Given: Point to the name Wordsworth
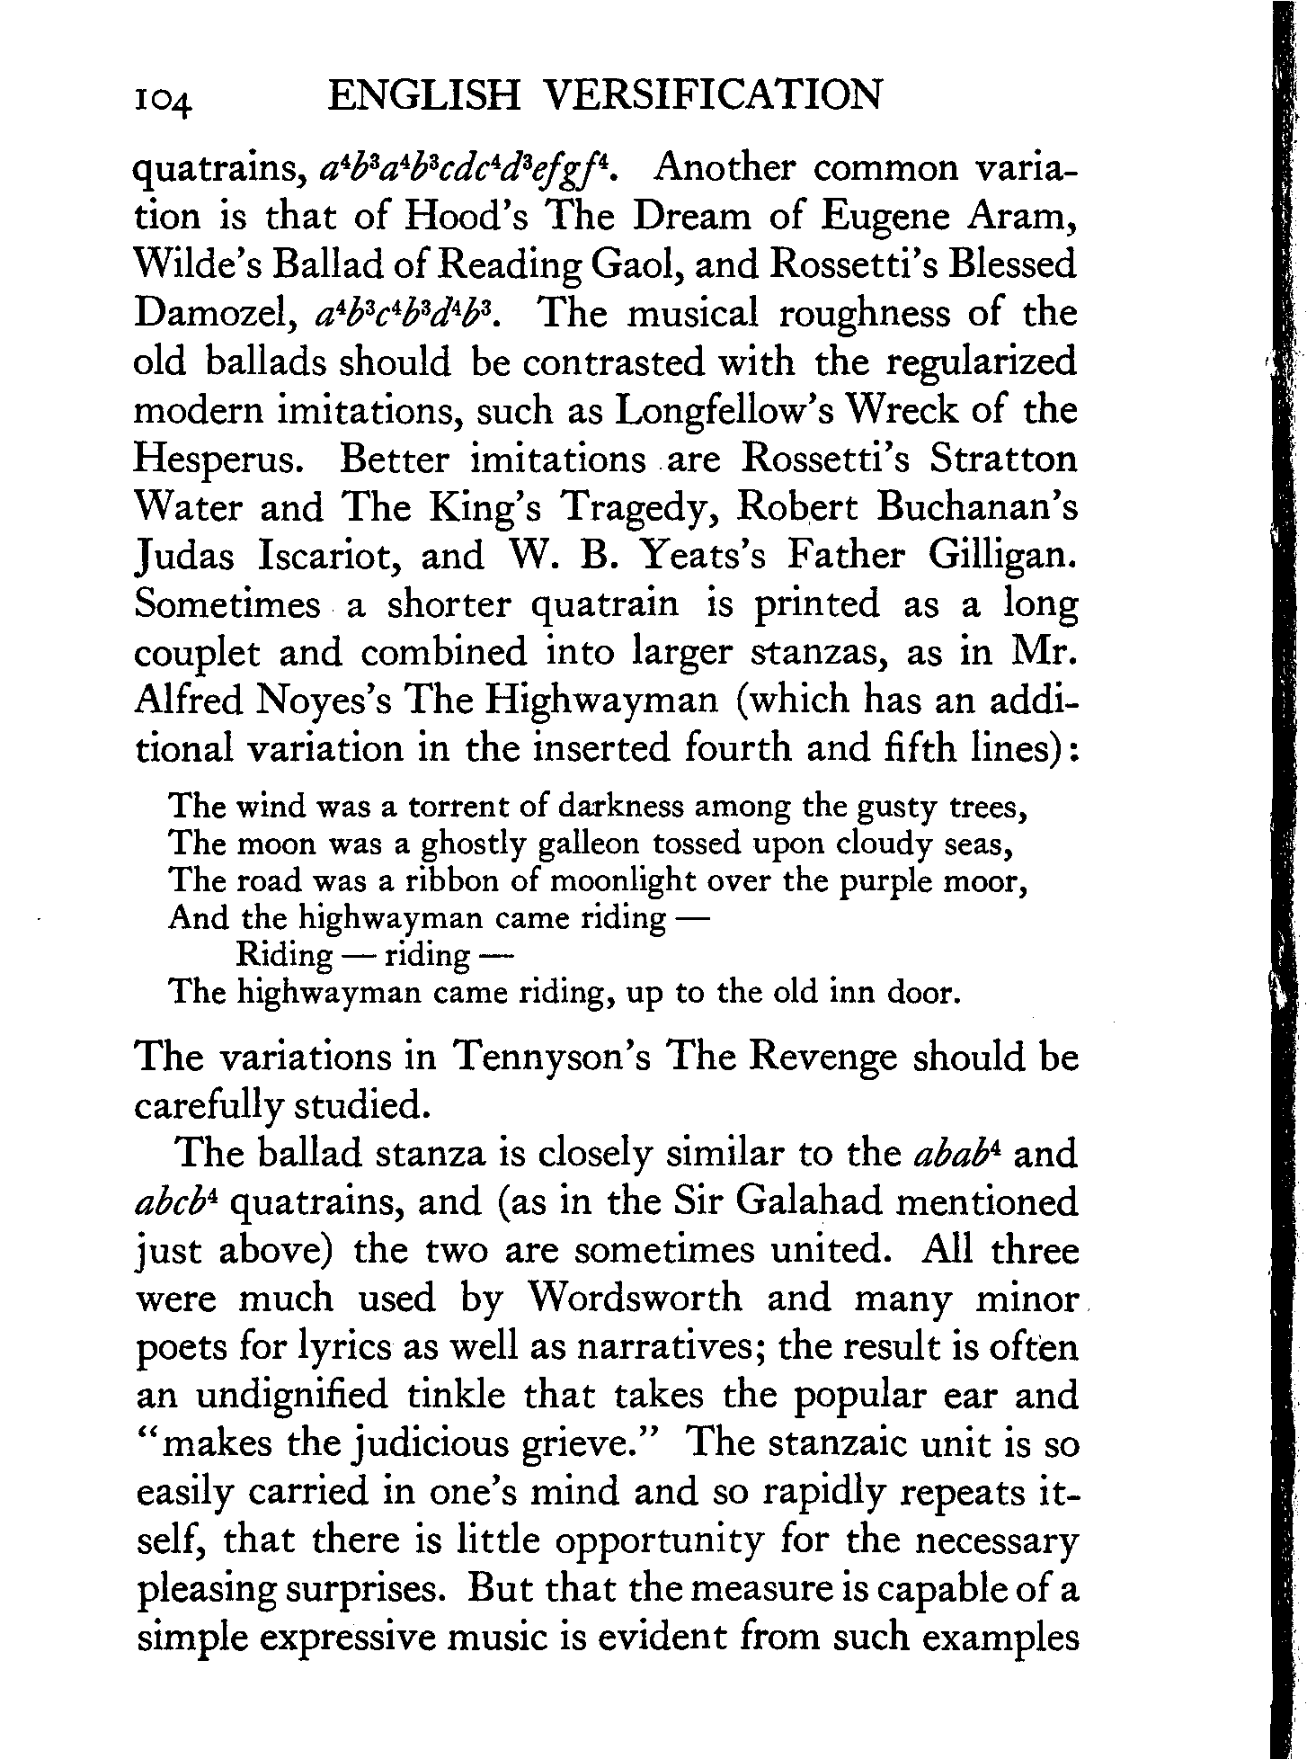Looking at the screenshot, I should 636,1299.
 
